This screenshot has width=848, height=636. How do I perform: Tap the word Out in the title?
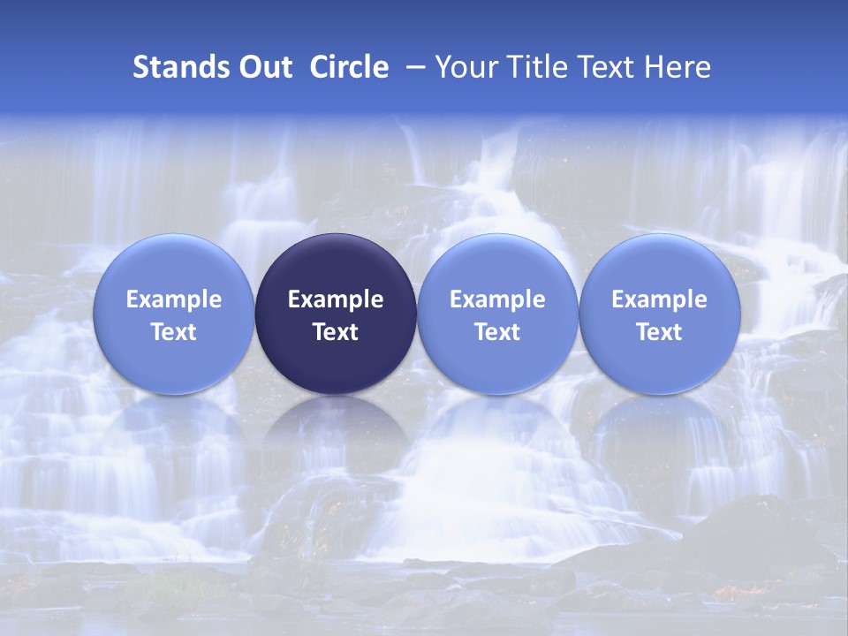point(264,67)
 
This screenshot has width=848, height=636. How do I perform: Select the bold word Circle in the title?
point(349,67)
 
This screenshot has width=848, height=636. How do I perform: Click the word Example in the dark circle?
point(336,299)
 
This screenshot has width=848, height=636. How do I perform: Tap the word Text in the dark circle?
point(336,332)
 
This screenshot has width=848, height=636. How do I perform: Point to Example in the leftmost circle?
point(174,299)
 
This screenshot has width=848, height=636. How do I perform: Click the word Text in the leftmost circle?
point(174,332)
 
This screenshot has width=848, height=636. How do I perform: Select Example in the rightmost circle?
point(660,299)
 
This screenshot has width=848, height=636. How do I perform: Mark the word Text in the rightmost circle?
point(660,332)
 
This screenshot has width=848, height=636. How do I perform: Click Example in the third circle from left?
point(497,299)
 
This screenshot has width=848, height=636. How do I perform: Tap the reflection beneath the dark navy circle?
point(336,433)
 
